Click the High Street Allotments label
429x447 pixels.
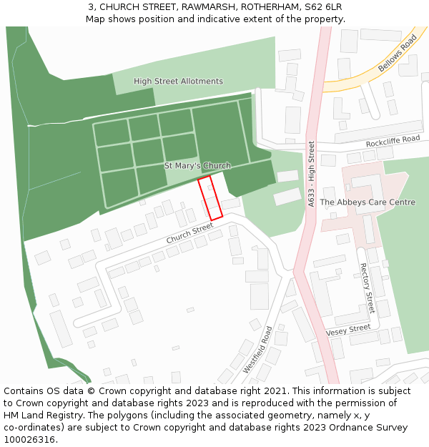[x=178, y=82]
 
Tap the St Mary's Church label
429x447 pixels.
[x=197, y=166]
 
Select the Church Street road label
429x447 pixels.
[x=189, y=233]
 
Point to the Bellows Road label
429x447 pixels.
[x=398, y=53]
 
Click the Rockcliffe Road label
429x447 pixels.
[x=393, y=141]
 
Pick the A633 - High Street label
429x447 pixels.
[x=311, y=175]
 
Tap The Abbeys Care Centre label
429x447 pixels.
[x=367, y=202]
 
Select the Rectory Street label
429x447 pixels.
[x=366, y=288]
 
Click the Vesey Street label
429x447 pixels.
[x=348, y=330]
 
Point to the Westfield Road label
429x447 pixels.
[x=257, y=350]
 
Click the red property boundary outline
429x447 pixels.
[x=210, y=198]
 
